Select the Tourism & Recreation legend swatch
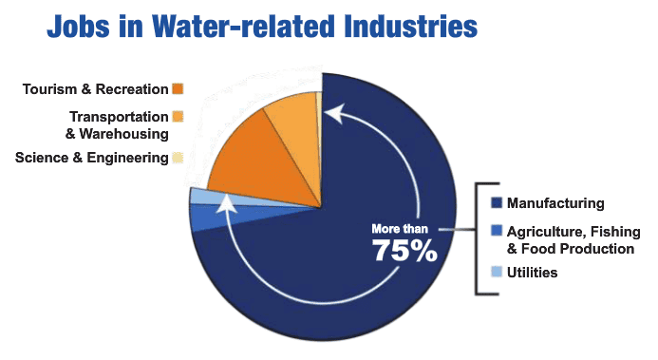178,89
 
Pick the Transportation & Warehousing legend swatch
178,117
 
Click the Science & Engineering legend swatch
177,158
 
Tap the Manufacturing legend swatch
496,203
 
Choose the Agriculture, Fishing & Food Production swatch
496,231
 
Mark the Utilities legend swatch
496,273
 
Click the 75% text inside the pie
404,250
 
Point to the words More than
400,228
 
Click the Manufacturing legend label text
555,203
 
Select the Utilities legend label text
532,273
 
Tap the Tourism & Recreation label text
95,89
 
